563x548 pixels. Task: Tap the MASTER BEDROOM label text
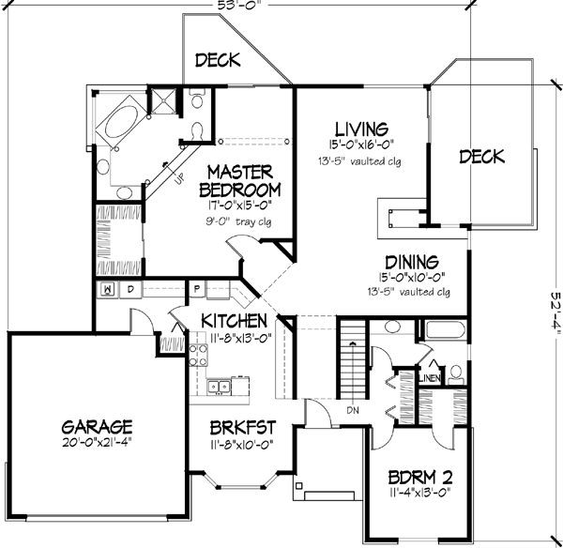[239, 180]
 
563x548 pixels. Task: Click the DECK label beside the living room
[482, 156]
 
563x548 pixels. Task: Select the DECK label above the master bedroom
[218, 61]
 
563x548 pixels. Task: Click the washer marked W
[109, 290]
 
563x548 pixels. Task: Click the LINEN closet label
[430, 377]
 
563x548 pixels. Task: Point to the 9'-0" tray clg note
[238, 221]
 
